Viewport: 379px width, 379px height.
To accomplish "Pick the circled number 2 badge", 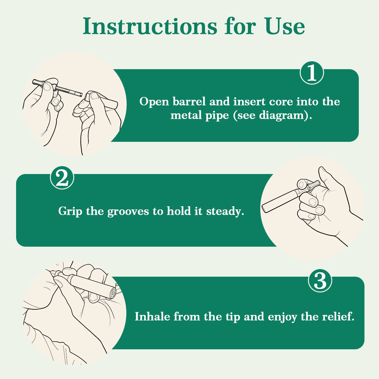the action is (62, 177).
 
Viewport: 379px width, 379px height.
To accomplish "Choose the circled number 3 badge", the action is (320, 280).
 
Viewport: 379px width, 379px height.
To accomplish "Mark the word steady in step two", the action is (225, 211).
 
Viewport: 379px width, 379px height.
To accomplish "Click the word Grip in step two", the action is (70, 211).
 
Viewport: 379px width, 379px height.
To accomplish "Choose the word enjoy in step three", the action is (282, 318).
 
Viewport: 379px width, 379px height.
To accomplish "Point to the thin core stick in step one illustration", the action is (69, 91).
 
